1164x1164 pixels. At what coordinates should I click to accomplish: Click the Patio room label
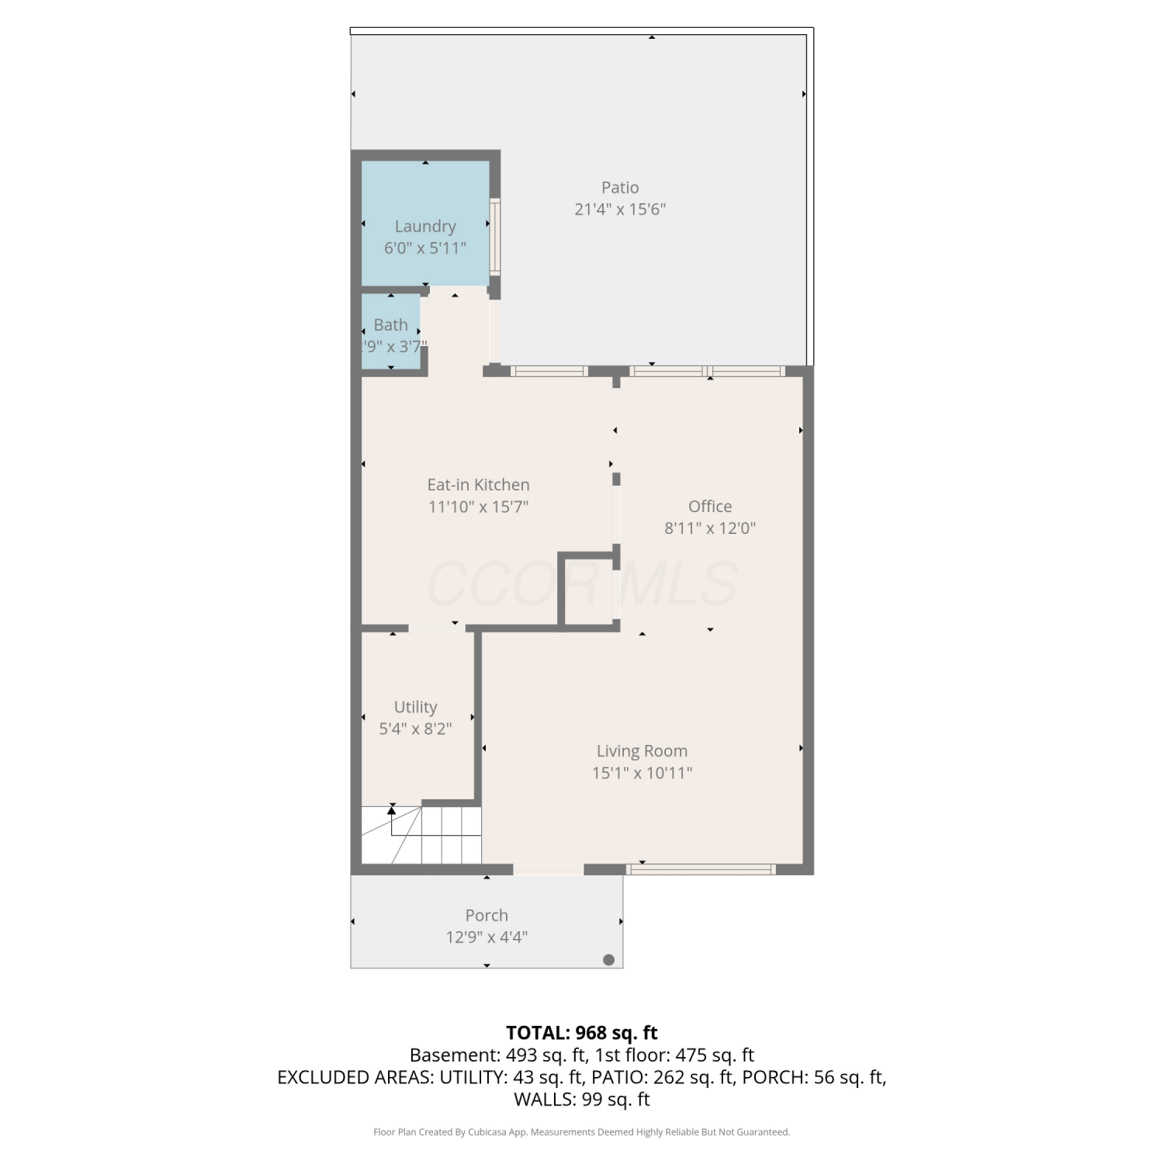(x=620, y=188)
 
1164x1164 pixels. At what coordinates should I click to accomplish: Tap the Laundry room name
(x=425, y=227)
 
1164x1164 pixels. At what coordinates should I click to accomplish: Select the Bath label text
(x=390, y=325)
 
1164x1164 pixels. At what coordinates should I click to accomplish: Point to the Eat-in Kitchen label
(x=479, y=485)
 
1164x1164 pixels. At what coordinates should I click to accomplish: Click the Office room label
(x=710, y=507)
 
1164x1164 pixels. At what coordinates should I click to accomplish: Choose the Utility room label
(x=415, y=708)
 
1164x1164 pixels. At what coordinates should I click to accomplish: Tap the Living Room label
(x=642, y=751)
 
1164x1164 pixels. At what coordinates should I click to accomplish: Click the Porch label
(x=487, y=916)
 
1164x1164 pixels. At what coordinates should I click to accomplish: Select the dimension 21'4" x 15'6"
(x=620, y=210)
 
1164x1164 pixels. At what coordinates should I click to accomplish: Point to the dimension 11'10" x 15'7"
(x=479, y=508)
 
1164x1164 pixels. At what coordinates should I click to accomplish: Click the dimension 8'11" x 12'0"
(x=710, y=528)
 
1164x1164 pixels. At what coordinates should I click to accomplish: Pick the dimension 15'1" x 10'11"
(x=642, y=773)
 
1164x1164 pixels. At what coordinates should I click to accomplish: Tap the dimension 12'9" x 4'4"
(x=487, y=937)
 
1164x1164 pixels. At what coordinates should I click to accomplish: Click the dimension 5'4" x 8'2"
(x=415, y=729)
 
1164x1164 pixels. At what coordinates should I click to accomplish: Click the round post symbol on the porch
(x=608, y=960)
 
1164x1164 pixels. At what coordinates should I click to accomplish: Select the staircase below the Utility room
(x=421, y=835)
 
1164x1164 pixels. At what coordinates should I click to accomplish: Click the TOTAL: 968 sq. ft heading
(x=582, y=1033)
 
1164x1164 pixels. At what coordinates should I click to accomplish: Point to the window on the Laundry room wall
(x=494, y=237)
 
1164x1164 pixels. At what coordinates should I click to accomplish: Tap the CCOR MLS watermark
(x=582, y=584)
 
